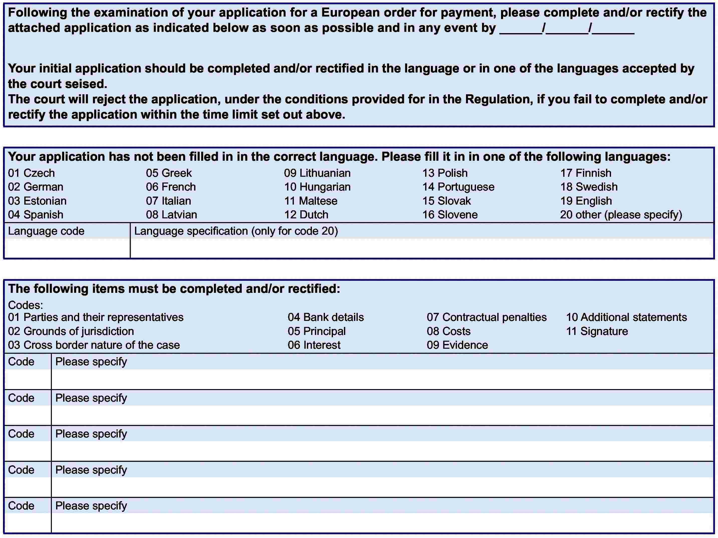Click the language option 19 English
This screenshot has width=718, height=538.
586,201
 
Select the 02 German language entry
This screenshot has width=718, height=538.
36,187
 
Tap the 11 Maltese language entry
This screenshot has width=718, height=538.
311,201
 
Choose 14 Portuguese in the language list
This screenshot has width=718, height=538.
458,187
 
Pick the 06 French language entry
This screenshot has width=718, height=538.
171,187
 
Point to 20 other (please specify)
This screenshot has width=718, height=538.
621,215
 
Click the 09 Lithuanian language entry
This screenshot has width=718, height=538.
317,173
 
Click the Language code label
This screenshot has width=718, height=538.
46,231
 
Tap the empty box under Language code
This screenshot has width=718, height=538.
67,248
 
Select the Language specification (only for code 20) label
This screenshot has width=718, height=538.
236,231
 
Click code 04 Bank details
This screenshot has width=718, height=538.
326,317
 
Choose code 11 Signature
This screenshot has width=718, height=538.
597,331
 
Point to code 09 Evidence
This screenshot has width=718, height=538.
457,345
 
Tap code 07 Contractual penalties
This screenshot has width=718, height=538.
487,317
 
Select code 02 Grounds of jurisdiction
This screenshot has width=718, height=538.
71,331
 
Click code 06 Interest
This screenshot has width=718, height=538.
314,345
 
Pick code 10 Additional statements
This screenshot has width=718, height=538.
627,317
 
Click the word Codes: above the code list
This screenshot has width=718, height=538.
25,305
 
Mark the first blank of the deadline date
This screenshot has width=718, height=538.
520,29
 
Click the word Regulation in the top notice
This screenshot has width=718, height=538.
499,99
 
